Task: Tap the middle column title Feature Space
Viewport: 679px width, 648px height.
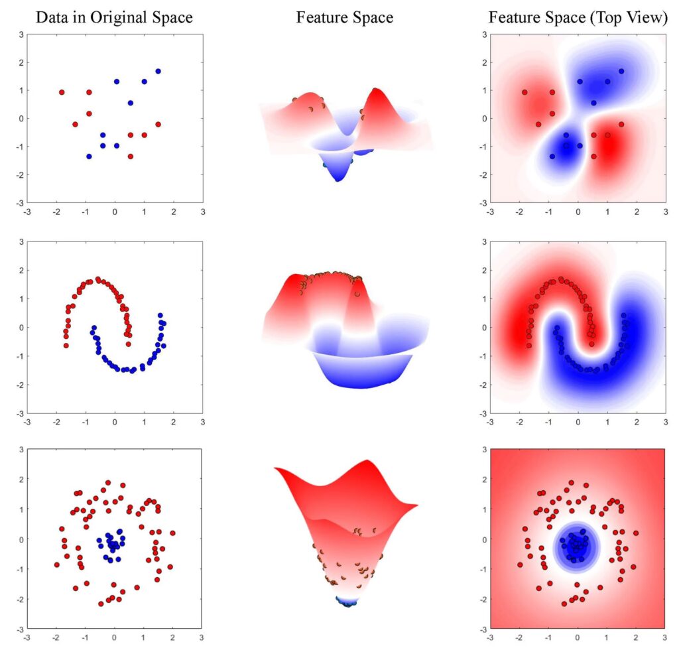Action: click(x=344, y=18)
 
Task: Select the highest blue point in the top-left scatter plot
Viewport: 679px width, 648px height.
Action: click(x=158, y=71)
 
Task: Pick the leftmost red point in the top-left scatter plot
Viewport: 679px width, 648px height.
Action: click(x=62, y=92)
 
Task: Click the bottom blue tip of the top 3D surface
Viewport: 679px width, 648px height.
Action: click(x=339, y=178)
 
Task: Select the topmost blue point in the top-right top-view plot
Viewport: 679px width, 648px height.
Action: click(x=621, y=71)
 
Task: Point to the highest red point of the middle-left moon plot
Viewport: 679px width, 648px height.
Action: click(x=97, y=279)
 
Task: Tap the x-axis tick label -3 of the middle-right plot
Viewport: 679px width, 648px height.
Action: click(x=490, y=422)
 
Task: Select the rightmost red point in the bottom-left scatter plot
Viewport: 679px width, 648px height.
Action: click(x=172, y=533)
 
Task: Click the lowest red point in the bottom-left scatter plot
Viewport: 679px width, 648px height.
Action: click(x=101, y=604)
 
